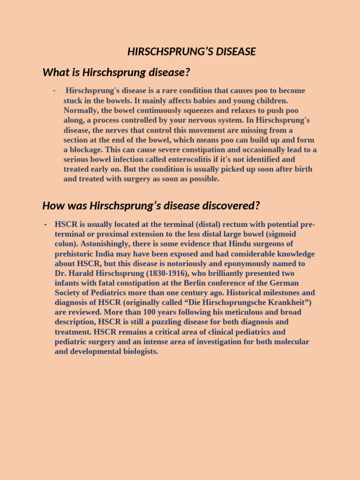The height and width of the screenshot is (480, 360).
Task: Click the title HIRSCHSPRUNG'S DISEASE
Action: click(191, 52)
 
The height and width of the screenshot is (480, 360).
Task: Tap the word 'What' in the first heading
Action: click(54, 73)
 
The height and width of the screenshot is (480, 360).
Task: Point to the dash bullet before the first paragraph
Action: click(55, 90)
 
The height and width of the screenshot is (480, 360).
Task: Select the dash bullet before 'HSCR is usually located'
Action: click(45, 224)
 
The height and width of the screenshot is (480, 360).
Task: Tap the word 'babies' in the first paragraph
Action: click(197, 100)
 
